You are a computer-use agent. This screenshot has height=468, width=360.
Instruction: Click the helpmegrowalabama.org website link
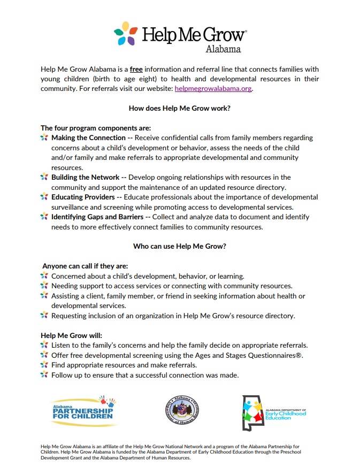coord(213,89)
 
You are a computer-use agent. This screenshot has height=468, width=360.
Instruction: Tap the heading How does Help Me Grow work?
coord(180,108)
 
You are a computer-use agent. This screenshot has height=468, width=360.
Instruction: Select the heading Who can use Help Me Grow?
coord(180,247)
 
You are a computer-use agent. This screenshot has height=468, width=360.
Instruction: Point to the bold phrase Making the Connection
coord(88,138)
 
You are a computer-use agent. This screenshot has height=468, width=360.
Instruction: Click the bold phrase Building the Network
coord(86,177)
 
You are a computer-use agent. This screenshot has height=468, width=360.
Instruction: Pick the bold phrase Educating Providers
coord(83,197)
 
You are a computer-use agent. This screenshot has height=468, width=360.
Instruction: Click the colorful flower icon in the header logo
coord(126,34)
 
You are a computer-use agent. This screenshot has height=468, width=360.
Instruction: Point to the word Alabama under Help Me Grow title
coord(223,49)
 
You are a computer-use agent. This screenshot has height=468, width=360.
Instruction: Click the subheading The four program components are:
coord(96,128)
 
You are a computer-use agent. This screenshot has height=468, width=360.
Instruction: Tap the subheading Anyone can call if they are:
coord(85,266)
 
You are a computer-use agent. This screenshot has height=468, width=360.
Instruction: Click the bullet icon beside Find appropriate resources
coord(44,365)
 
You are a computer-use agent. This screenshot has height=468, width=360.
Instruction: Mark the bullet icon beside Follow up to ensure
coord(44,375)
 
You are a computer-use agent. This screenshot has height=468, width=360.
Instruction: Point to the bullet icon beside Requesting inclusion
coord(44,316)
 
